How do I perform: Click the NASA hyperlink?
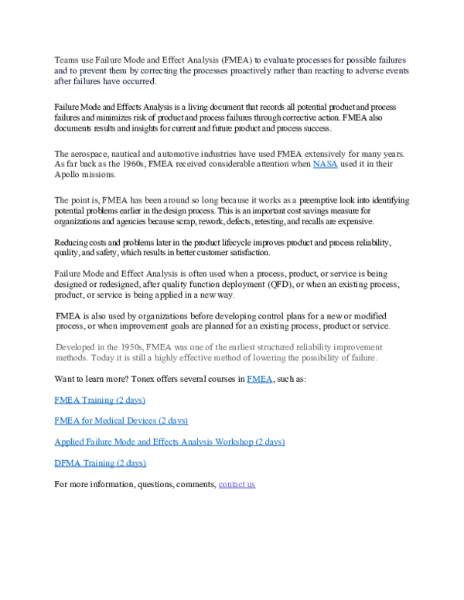pos(325,164)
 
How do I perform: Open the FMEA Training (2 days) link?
pos(100,401)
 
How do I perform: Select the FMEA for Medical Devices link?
pos(121,421)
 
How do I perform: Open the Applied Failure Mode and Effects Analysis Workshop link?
pos(169,441)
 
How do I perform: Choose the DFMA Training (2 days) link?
pos(100,462)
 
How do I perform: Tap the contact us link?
pos(237,484)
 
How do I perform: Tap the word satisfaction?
pos(248,253)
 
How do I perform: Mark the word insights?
pos(141,128)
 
